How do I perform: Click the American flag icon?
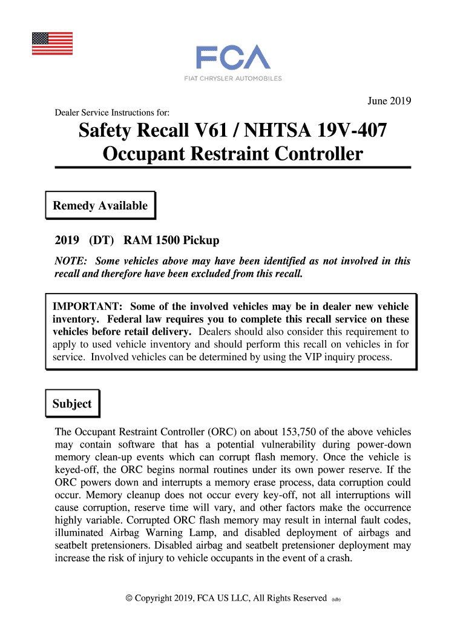pos(52,44)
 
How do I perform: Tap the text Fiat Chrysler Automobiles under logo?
pos(232,78)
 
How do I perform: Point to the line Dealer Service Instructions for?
pos(112,113)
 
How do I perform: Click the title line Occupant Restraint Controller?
pos(232,154)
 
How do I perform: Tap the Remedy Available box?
pos(100,206)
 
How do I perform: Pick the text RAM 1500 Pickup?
pos(171,240)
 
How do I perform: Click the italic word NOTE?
pos(71,262)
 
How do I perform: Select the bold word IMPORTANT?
pos(88,306)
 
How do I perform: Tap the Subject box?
pos(72,404)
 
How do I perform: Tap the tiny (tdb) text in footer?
pos(336,599)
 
